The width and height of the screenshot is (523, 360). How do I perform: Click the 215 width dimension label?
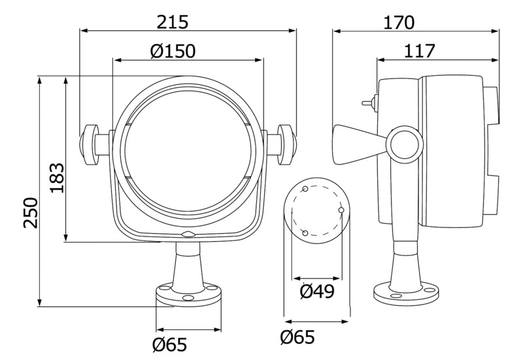173,22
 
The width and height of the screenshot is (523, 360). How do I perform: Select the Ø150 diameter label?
173,51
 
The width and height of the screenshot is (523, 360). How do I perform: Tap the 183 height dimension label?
58,178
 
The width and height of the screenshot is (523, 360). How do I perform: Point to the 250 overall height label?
30,212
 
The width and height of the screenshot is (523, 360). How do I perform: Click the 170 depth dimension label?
399,23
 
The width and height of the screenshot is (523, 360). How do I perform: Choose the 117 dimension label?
420,51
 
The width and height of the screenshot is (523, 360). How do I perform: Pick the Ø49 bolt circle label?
317,291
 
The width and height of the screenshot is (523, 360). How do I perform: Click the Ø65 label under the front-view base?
169,344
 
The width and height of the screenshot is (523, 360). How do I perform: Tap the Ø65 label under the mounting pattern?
297,337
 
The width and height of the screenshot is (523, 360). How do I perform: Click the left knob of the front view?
89,144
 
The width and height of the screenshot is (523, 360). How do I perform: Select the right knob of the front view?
286,144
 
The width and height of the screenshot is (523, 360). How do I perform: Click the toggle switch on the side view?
369,103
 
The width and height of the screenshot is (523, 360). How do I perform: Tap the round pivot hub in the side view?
405,144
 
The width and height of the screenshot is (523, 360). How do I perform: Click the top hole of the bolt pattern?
305,189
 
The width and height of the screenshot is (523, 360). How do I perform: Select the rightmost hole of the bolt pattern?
341,210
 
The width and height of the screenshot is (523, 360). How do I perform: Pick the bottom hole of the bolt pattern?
305,233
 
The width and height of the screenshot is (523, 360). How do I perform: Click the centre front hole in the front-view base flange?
188,297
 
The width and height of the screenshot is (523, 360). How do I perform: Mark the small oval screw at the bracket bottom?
188,235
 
